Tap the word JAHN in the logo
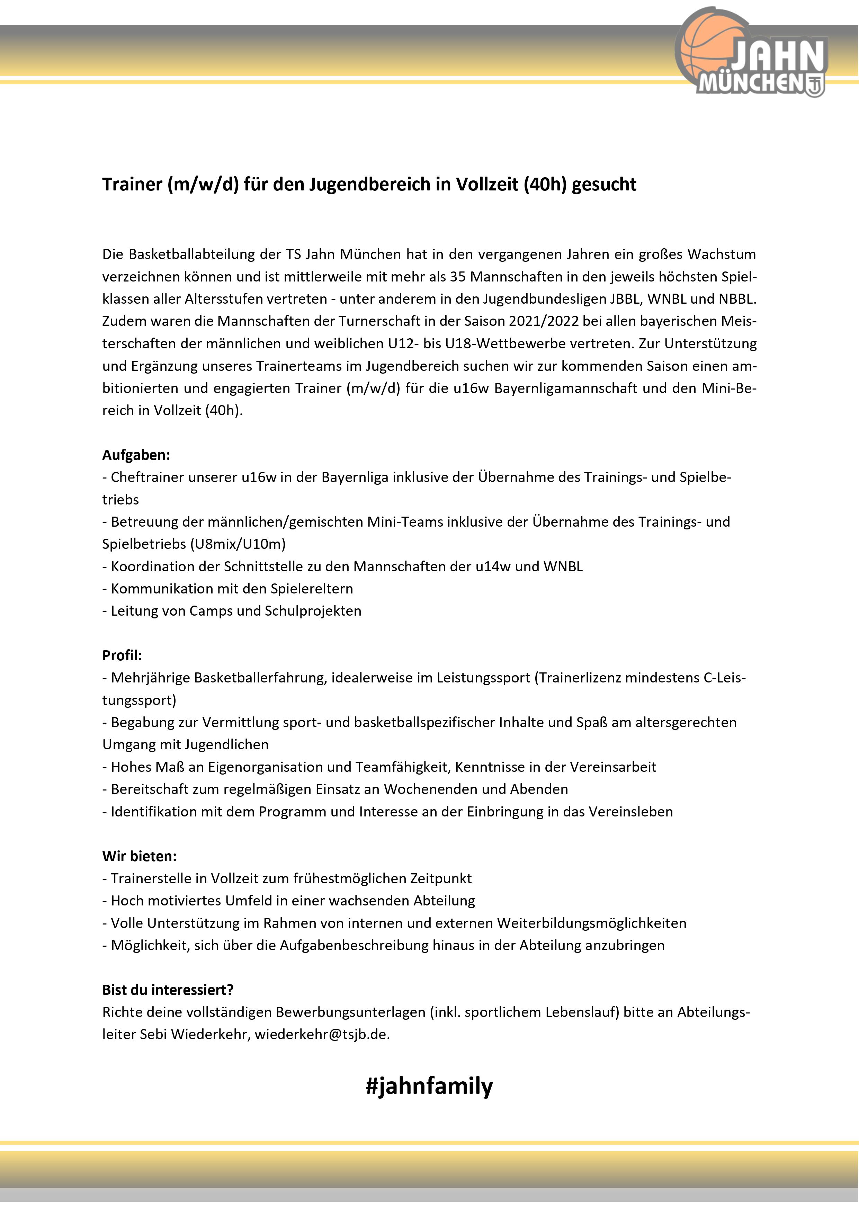(778, 57)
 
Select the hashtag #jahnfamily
(429, 1086)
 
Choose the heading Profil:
(122, 655)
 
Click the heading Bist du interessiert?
(168, 990)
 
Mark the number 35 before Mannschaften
(458, 277)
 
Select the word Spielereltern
(312, 588)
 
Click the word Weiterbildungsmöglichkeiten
(591, 923)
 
